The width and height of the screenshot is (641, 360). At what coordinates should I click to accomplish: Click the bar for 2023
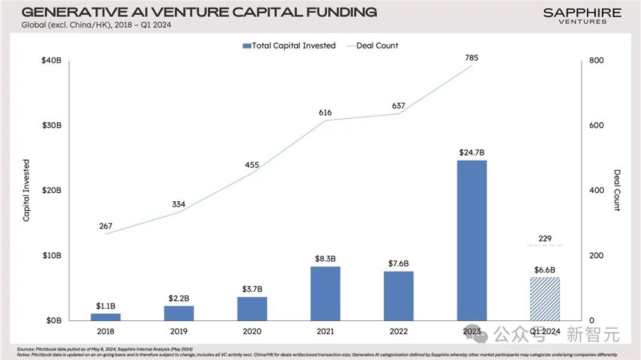coord(471,240)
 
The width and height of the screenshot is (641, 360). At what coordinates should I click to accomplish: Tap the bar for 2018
coord(105,316)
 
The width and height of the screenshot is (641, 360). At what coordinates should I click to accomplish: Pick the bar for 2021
coord(325,293)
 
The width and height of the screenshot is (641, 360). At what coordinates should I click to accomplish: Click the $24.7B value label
coord(472,152)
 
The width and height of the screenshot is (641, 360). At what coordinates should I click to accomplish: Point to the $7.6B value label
coord(398,264)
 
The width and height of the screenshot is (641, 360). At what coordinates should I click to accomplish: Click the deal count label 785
coord(471,58)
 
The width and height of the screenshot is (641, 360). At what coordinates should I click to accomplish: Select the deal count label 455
coord(252,165)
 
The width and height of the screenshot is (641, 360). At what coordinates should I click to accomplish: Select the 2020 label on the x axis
coord(252,332)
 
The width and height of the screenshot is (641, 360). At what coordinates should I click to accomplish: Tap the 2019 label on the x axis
coord(179,332)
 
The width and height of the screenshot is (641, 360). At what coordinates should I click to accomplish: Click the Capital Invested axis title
coord(26,190)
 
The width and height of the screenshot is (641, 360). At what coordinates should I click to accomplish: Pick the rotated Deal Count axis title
coord(617,190)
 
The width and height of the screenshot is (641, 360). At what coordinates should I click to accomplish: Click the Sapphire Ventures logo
coord(582,15)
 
